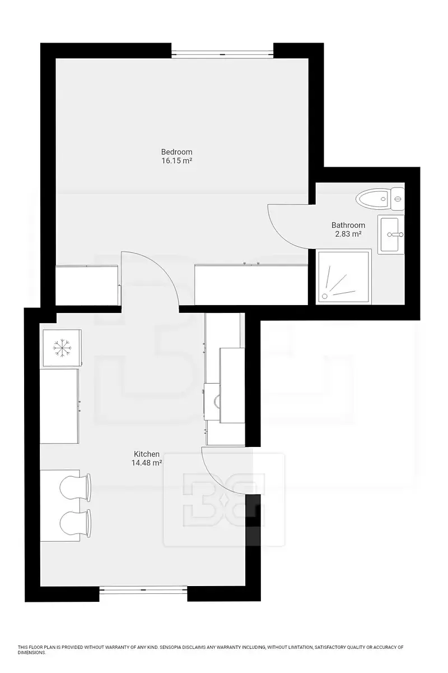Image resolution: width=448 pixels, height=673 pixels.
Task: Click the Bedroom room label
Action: pos(176,152)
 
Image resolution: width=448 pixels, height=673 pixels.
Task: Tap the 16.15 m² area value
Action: pos(176,161)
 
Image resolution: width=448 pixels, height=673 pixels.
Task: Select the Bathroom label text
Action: pos(348,225)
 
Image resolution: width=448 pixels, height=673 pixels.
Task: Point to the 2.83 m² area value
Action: pos(348,234)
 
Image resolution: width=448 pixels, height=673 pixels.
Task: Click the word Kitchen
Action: pos(146,454)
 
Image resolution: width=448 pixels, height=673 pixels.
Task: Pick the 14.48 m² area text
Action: pos(146,463)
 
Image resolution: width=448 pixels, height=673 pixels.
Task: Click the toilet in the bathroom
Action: pos(380,199)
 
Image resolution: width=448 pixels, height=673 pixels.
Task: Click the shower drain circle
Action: pos(324,296)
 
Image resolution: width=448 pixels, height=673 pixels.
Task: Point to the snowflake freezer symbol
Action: pos(62,348)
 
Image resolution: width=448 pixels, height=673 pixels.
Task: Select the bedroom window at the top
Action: pos(222,55)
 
